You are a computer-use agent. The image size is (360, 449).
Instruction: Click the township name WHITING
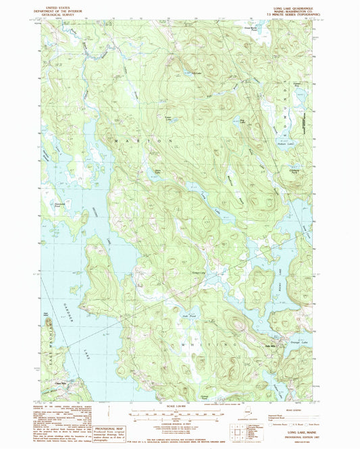203,344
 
